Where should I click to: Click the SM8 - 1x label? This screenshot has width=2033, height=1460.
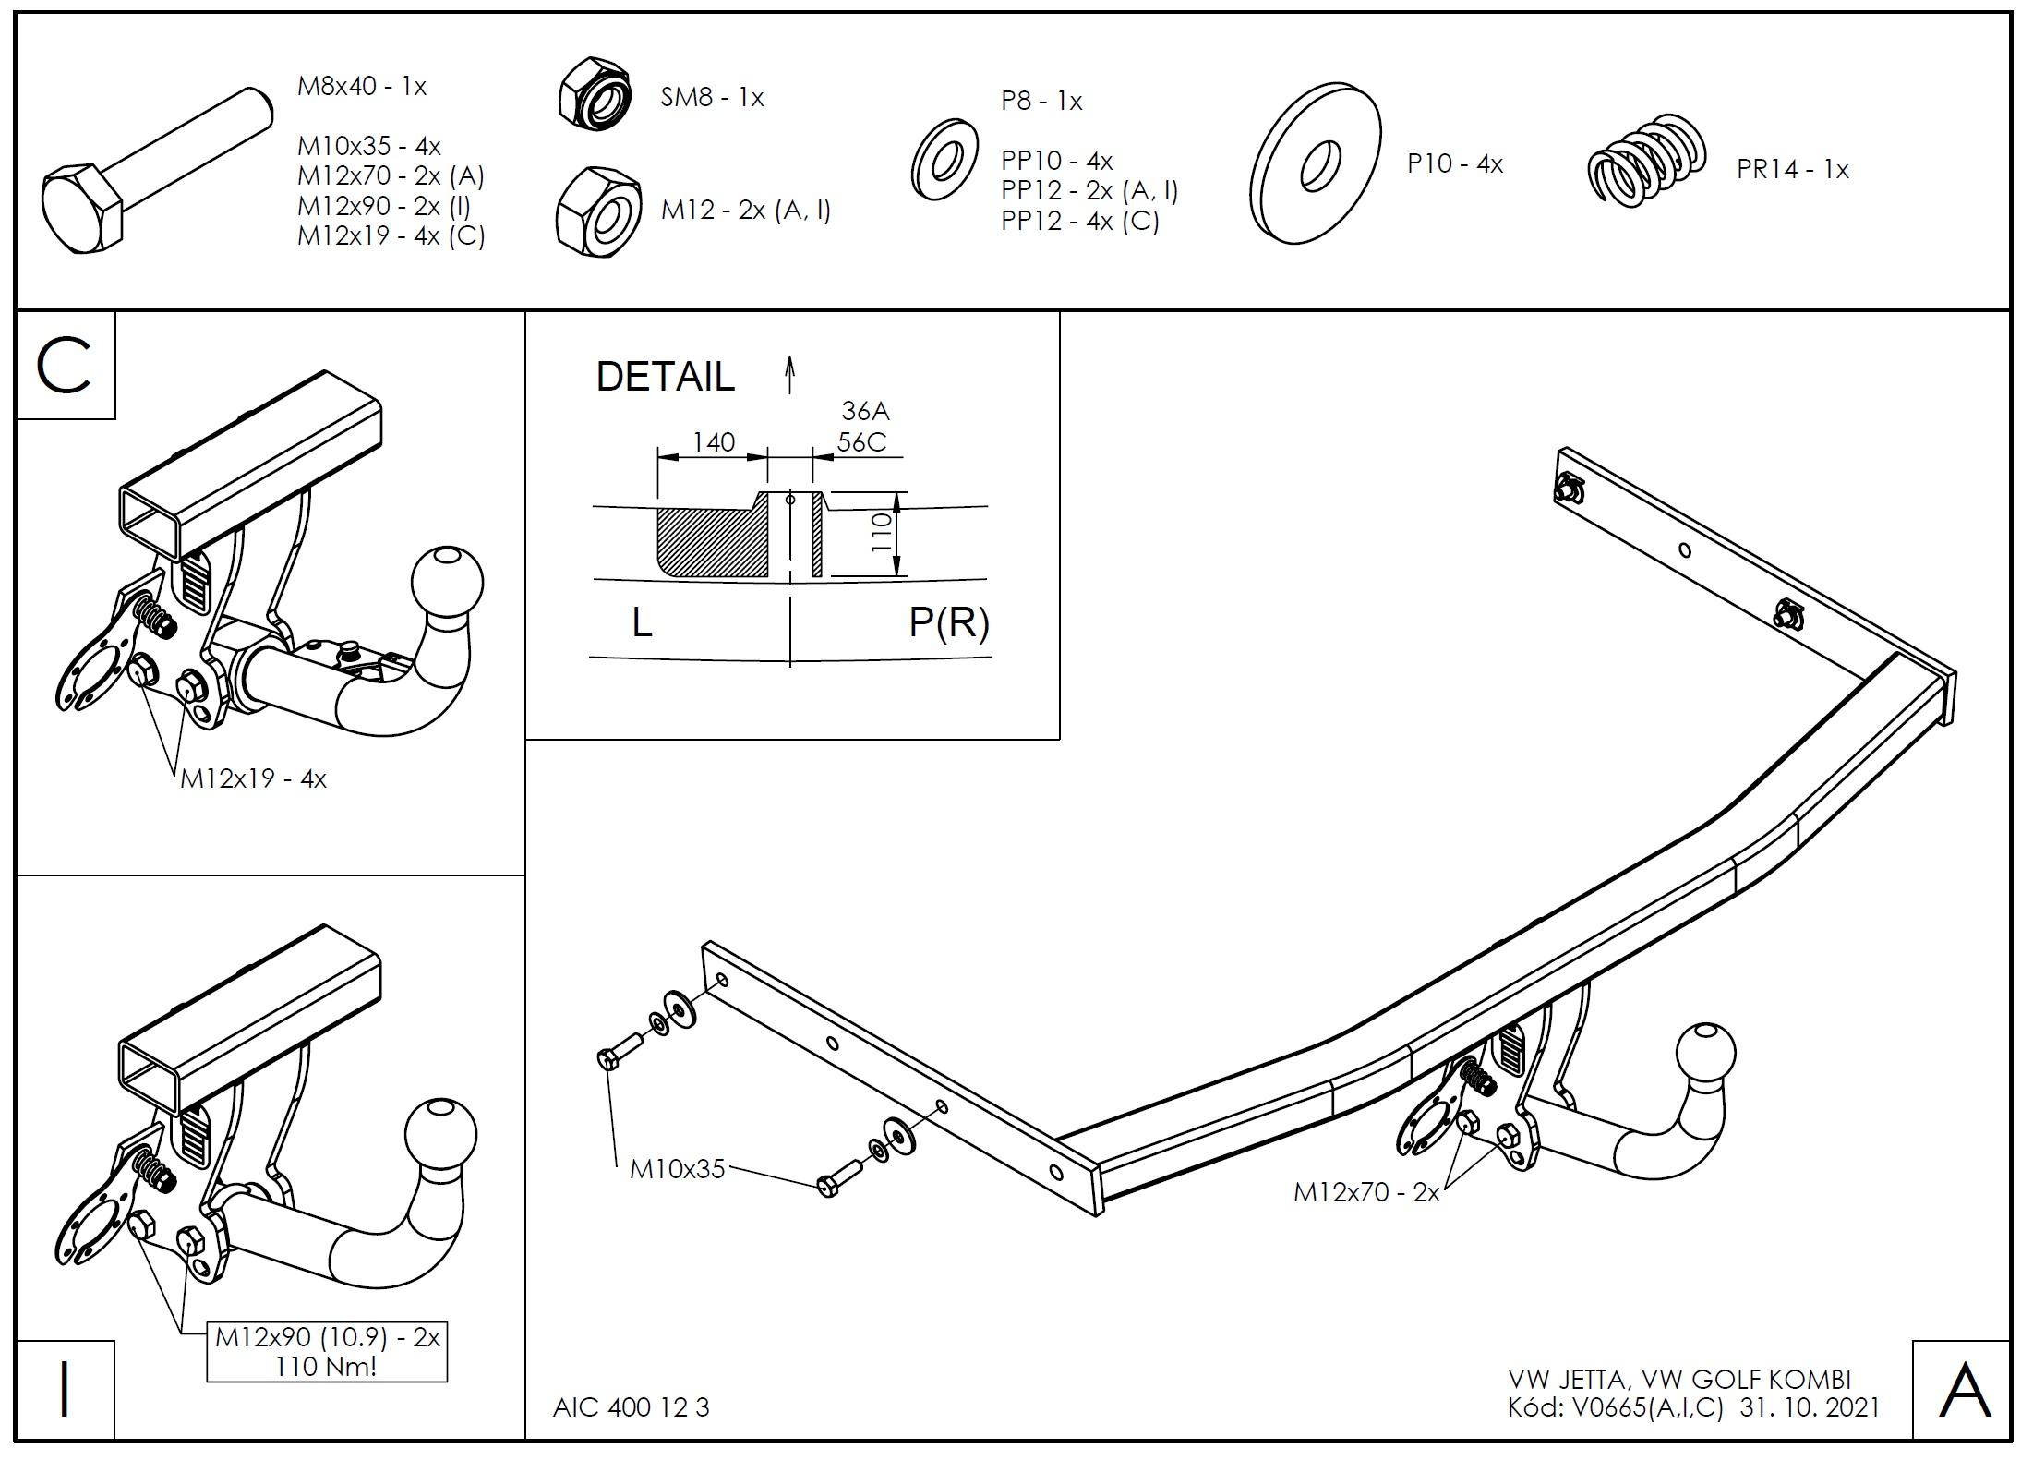712,98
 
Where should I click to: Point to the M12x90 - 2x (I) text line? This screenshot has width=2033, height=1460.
384,206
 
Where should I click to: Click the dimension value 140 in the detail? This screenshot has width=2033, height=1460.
714,442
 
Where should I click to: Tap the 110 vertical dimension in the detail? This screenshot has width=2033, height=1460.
882,533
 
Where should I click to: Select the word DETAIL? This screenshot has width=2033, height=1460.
665,377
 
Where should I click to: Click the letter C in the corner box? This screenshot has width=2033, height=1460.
65,367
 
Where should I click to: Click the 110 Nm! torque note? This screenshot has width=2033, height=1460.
327,1367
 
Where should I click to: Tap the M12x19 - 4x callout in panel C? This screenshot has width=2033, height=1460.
253,778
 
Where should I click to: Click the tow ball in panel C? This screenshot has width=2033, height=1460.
447,582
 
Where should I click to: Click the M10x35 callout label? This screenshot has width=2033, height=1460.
678,1169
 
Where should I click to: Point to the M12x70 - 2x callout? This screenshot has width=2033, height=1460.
1366,1192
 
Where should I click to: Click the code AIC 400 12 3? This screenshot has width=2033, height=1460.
632,1406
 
